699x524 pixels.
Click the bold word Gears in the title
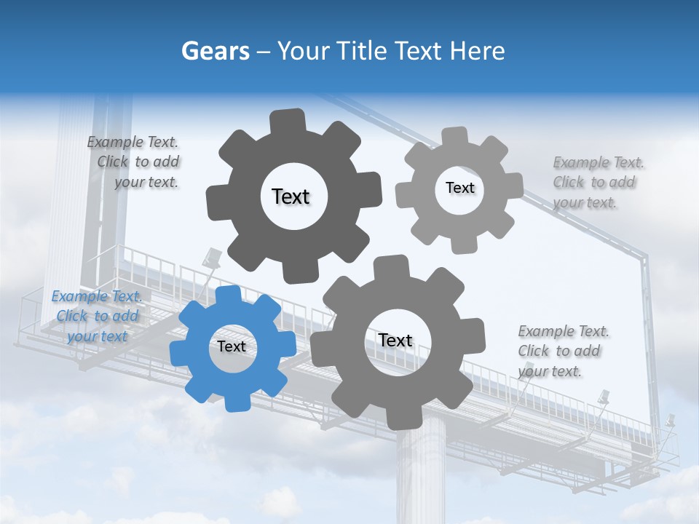click(x=215, y=52)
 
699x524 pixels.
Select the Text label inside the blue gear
click(x=232, y=347)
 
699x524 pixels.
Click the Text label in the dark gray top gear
click(x=291, y=196)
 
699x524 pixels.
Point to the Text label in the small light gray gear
click(x=459, y=188)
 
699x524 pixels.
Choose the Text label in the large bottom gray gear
click(x=395, y=341)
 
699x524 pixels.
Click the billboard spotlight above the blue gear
click(x=213, y=256)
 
